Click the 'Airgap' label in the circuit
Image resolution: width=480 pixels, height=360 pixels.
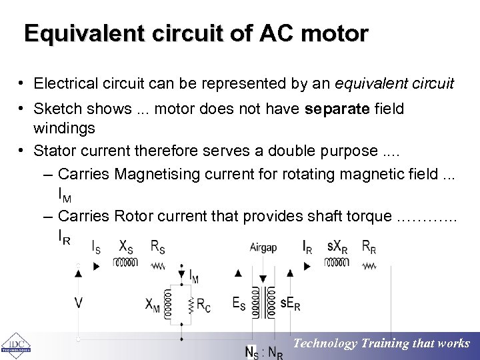[x=263, y=247]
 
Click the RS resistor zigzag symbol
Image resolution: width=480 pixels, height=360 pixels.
[x=158, y=264]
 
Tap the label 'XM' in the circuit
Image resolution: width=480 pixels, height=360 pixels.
[x=153, y=304]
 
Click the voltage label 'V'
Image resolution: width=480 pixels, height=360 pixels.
[x=79, y=303]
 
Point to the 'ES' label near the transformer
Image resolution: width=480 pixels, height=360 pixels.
[x=239, y=304]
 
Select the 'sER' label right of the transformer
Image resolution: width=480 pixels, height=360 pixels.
[x=290, y=305]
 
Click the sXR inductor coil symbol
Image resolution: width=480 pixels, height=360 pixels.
[x=337, y=263]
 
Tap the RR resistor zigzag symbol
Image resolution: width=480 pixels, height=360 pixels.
[x=369, y=264]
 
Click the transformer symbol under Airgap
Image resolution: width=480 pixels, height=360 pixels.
[x=263, y=303]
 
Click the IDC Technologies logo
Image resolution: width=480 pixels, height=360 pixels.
[x=15, y=345]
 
